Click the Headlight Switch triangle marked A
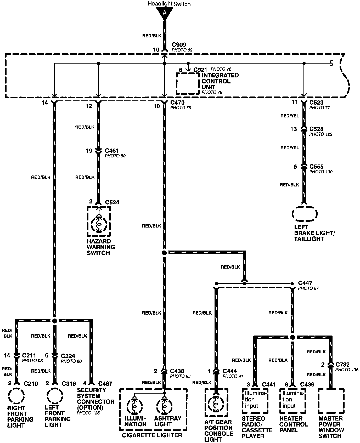click(x=165, y=13)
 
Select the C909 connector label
click(x=179, y=45)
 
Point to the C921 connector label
click(x=200, y=70)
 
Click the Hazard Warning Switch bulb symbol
click(x=99, y=224)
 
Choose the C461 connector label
click(x=112, y=151)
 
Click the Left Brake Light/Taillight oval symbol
click(x=305, y=214)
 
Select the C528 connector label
click(x=316, y=129)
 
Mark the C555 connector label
click(x=316, y=167)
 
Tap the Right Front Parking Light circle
click(x=16, y=396)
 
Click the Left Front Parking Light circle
click(x=55, y=396)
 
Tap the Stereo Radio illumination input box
click(x=255, y=400)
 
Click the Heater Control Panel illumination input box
click(x=292, y=400)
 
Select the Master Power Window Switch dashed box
click(x=331, y=400)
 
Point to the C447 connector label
click(x=305, y=283)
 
